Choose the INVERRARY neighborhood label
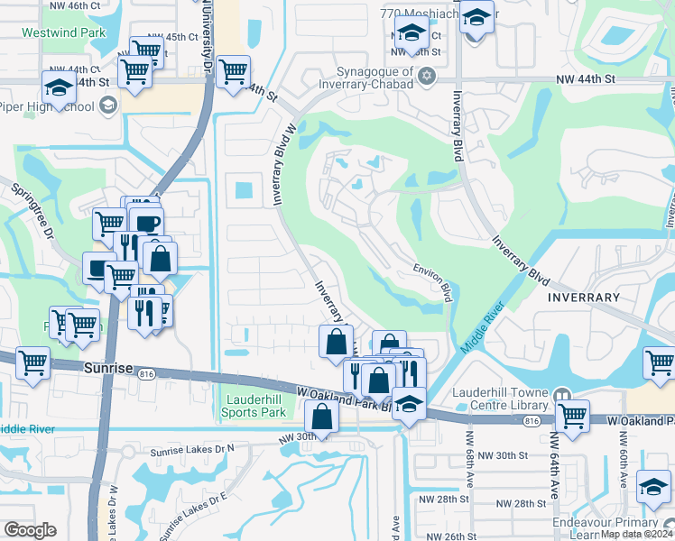(x=582, y=297)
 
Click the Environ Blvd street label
(x=434, y=280)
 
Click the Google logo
(x=30, y=530)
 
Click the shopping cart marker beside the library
(x=573, y=416)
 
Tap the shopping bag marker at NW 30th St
(x=322, y=417)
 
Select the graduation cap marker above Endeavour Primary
(x=653, y=487)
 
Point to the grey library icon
(x=562, y=394)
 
